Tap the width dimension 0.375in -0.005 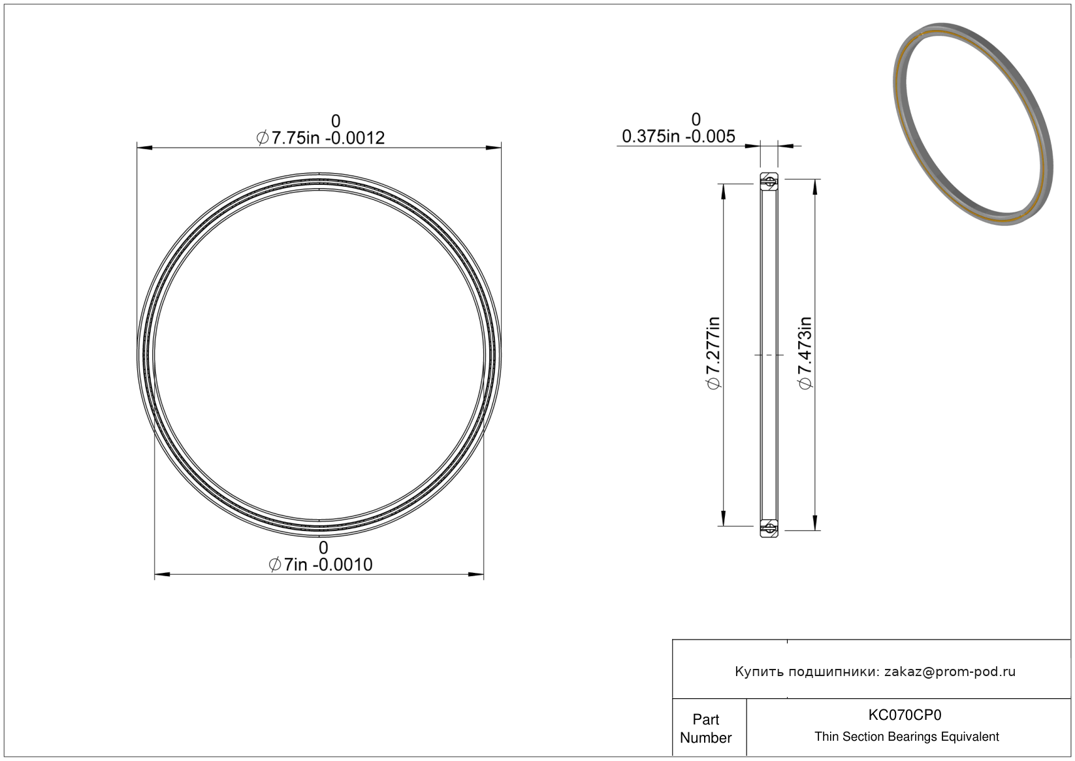(678, 137)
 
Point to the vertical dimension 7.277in (714, 353)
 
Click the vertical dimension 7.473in (805, 353)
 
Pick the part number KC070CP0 (905, 715)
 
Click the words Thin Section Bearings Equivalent (907, 737)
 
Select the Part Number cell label (705, 728)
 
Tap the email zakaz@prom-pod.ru (950, 672)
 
